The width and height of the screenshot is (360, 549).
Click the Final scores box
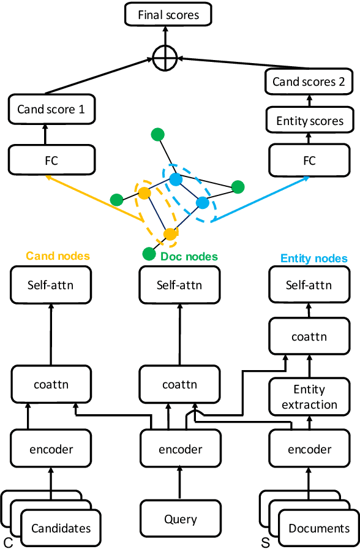[x=168, y=14]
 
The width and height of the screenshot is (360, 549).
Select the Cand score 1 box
[x=51, y=110]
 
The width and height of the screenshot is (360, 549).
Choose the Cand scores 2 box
[x=309, y=81]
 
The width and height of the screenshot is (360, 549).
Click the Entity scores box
[x=309, y=121]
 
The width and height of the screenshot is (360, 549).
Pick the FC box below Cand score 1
[x=51, y=161]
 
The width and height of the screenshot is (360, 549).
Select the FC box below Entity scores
[x=309, y=161]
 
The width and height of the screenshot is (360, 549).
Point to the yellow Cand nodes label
[x=58, y=256]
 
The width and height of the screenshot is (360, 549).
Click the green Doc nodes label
[x=189, y=256]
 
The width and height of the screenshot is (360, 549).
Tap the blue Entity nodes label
[x=314, y=259]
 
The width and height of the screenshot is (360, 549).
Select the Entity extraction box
[x=309, y=397]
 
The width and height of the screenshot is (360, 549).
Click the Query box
[x=180, y=520]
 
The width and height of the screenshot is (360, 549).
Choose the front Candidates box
[x=61, y=528]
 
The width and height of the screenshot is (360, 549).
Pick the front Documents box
[x=319, y=528]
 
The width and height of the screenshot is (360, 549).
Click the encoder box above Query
[x=180, y=449]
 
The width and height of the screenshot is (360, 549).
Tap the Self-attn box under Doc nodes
[x=179, y=285]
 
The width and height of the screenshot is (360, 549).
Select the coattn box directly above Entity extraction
[x=309, y=336]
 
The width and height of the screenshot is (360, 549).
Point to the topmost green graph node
[x=158, y=134]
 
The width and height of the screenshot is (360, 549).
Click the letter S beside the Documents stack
[x=265, y=542]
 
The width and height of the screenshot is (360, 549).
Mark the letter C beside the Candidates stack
[x=7, y=542]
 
